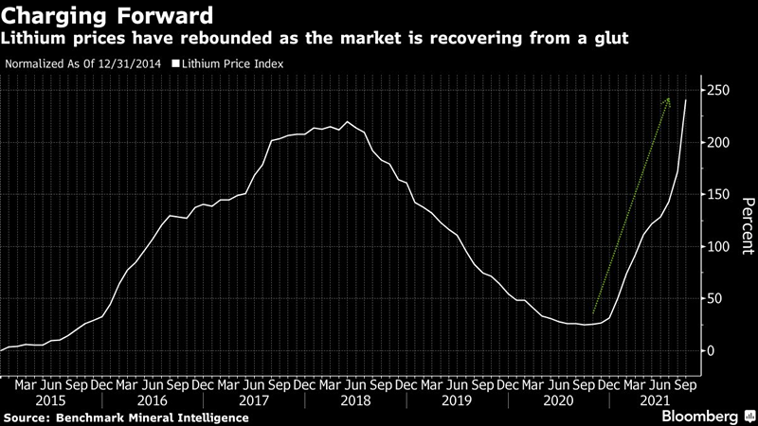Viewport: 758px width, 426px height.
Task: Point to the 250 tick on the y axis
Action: click(716, 90)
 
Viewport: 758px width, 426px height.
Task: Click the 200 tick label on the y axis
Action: click(716, 142)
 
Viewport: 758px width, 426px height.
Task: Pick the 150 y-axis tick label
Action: click(716, 194)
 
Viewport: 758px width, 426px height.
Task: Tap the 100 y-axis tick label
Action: click(716, 246)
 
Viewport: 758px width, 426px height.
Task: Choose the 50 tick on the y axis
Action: click(713, 298)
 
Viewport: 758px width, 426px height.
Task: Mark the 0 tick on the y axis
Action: click(709, 350)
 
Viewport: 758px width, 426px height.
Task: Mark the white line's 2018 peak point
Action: click(348, 122)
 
